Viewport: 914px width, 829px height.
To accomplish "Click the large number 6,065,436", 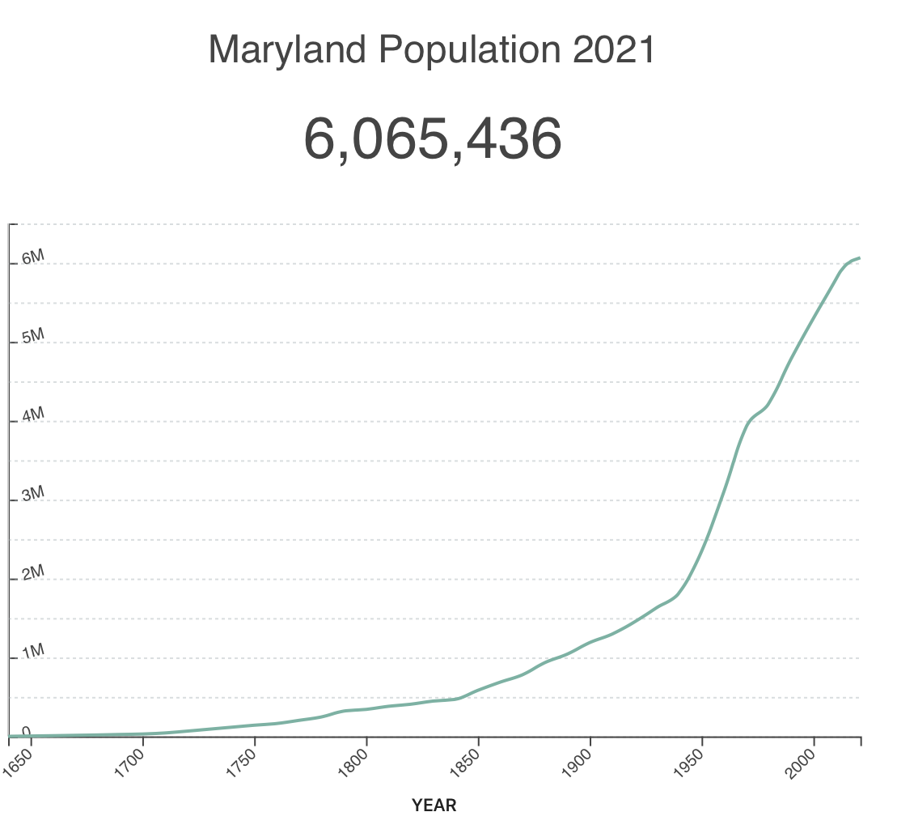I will pos(432,138).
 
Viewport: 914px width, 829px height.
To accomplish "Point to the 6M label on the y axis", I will pos(33,258).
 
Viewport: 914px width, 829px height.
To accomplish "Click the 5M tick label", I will pos(33,337).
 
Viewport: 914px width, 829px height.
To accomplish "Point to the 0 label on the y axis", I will pos(26,732).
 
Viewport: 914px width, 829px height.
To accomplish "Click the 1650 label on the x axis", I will pos(20,763).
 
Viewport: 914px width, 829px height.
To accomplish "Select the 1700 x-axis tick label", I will pos(132,763).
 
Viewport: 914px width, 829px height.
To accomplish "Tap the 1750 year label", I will pos(243,763).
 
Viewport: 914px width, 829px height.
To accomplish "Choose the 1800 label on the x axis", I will pos(355,763).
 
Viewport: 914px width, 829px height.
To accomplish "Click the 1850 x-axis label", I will pos(467,763).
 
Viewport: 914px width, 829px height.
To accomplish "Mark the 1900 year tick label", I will pos(578,763).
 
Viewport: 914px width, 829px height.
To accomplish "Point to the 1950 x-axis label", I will pos(690,763).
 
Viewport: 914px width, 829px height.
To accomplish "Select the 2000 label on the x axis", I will pos(802,763).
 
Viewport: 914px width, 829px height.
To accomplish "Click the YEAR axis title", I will pos(434,806).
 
